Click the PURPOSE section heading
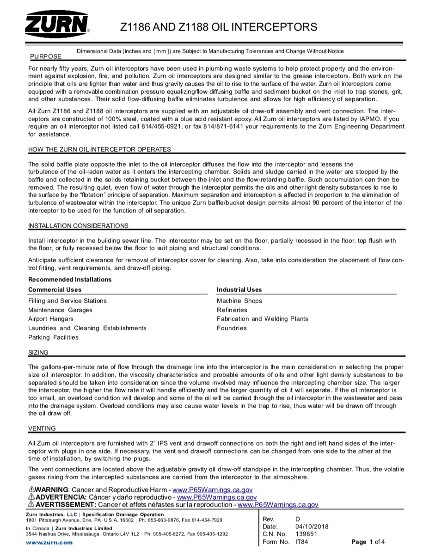(x=45, y=56)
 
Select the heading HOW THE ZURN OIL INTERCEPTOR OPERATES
(x=99, y=149)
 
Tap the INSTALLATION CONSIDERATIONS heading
(x=78, y=226)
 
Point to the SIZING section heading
(x=38, y=353)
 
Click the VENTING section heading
(x=42, y=428)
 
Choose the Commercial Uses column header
(x=55, y=290)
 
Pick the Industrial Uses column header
(x=239, y=290)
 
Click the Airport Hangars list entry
(x=50, y=319)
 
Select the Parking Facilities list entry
(x=53, y=337)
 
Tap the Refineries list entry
(x=232, y=310)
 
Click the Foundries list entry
(x=232, y=328)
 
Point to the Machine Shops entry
(x=239, y=301)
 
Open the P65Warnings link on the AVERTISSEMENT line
(x=278, y=505)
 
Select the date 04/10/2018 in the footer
(x=312, y=527)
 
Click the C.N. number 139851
(x=306, y=534)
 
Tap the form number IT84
(x=302, y=542)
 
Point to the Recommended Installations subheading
(x=70, y=279)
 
